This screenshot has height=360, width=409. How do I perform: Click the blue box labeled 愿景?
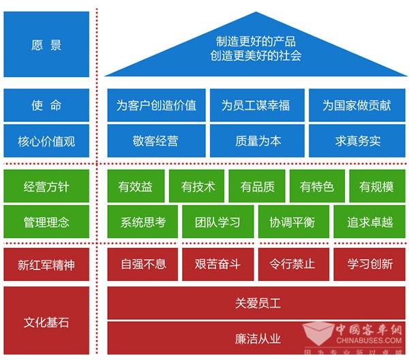(x=46, y=45)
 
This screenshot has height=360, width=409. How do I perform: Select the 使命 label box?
(x=46, y=105)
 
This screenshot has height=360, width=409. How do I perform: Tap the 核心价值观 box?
(x=46, y=141)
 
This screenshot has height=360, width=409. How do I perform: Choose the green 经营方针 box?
(x=46, y=186)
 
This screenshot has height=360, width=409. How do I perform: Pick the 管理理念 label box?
(x=46, y=222)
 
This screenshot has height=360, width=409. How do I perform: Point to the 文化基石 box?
(x=46, y=320)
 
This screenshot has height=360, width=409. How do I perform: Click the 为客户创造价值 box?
(x=156, y=105)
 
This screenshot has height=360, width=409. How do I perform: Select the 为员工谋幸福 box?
(x=256, y=105)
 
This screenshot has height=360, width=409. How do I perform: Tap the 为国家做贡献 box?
(x=357, y=105)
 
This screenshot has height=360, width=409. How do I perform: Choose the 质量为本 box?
(x=256, y=141)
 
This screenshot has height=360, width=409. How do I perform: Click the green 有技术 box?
(x=198, y=186)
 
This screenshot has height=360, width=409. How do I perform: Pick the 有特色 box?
(x=317, y=186)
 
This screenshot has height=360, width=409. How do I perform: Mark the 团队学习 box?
(x=218, y=222)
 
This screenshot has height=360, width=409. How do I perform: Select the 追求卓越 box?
(x=369, y=222)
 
